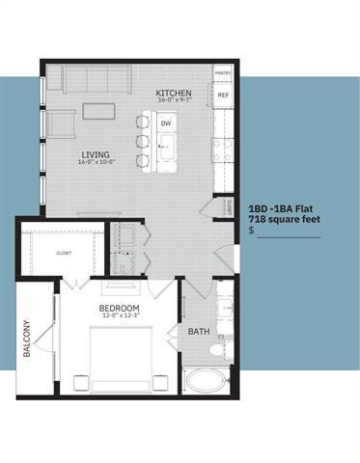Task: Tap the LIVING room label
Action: click(x=95, y=154)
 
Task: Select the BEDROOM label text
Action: click(x=121, y=309)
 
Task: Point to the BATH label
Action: click(x=199, y=332)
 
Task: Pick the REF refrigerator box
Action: click(x=223, y=95)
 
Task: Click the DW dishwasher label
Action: click(x=166, y=123)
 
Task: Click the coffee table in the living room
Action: click(x=97, y=111)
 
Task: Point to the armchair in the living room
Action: click(x=63, y=123)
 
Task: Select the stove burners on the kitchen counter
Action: click(x=223, y=150)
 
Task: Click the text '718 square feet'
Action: click(x=283, y=220)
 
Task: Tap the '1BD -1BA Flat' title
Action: click(x=284, y=208)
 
